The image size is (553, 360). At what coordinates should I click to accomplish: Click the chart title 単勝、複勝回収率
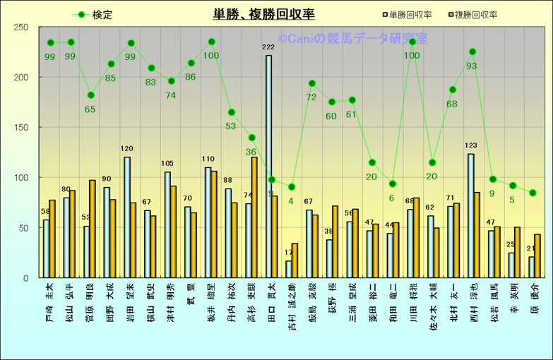point(264,14)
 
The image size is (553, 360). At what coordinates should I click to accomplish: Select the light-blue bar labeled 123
point(470,215)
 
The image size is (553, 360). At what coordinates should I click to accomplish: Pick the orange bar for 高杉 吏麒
point(254,217)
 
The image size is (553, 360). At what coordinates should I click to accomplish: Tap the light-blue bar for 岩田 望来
point(127,217)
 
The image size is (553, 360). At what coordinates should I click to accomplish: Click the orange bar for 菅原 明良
point(93,229)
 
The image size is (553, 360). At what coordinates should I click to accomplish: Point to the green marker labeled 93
point(472,52)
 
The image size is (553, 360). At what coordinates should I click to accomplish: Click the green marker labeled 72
point(311,83)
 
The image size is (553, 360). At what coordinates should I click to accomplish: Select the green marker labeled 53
point(231,112)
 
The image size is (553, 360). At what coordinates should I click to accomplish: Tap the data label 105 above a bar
point(167,164)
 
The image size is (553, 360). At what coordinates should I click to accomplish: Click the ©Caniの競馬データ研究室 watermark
point(352,40)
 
